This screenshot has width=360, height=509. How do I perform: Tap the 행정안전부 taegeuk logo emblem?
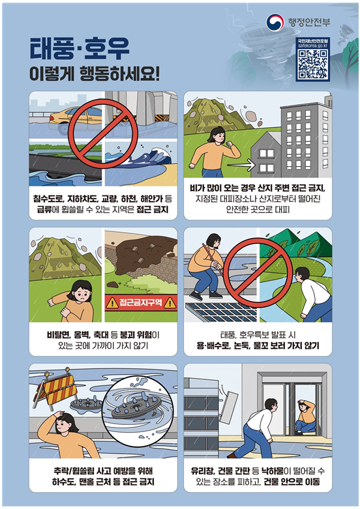[275, 22]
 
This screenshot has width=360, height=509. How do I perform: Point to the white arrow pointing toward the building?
[241, 166]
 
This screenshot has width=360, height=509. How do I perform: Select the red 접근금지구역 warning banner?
[141, 303]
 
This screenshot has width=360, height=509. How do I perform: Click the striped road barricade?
[55, 388]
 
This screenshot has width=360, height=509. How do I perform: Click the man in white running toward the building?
[256, 428]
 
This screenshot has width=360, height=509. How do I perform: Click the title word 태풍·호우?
[80, 49]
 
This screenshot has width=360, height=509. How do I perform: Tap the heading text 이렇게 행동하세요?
[95, 74]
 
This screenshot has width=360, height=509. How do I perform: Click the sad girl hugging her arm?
[74, 301]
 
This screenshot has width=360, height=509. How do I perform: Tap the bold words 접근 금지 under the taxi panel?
[153, 209]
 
